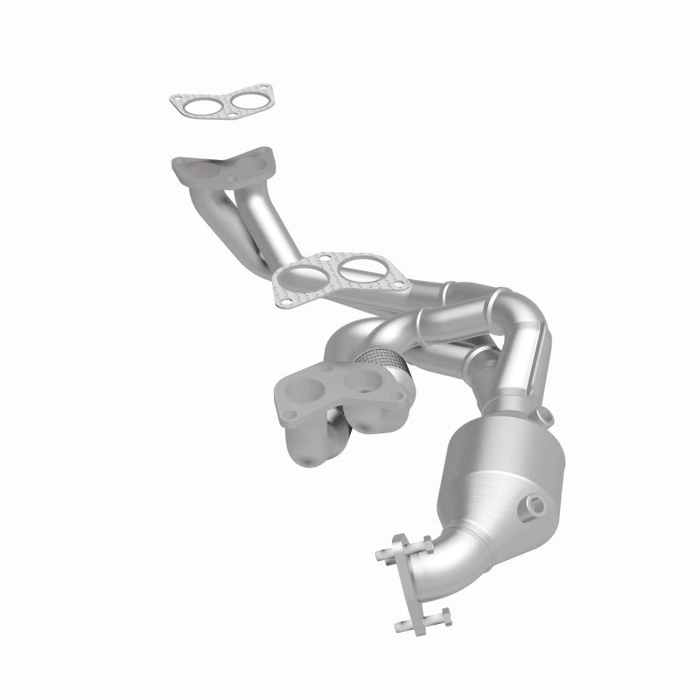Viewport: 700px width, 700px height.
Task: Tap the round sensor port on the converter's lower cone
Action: (x=530, y=505)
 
